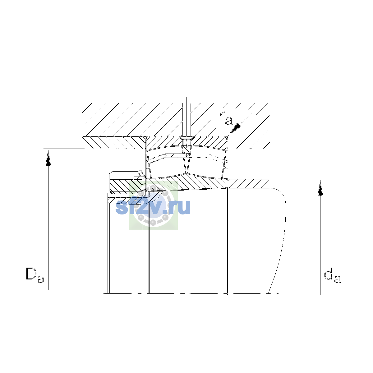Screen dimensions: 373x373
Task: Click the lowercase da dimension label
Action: (x=332, y=275)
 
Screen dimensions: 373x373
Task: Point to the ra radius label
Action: (x=225, y=118)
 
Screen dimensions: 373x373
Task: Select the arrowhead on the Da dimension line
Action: (x=48, y=158)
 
